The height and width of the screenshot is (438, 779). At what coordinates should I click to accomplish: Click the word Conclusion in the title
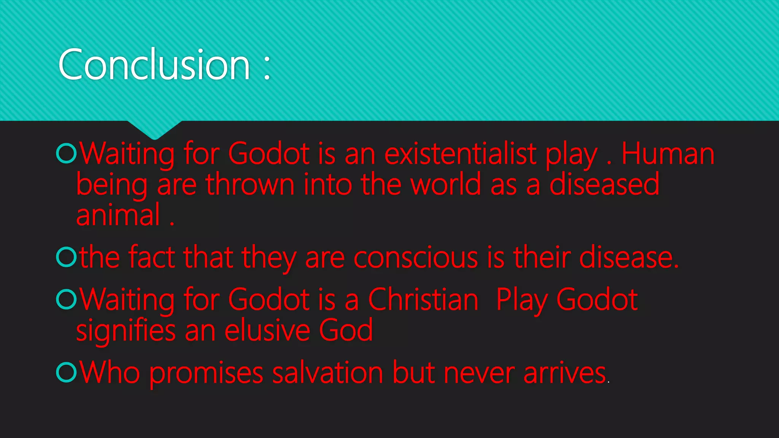tap(154, 65)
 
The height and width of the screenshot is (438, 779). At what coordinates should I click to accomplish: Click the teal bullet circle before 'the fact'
tap(67, 257)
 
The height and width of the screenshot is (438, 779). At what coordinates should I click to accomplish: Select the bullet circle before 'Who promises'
tap(67, 372)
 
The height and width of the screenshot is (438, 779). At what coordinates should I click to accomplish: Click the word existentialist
tap(461, 154)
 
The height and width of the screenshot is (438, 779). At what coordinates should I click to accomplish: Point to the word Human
tap(668, 154)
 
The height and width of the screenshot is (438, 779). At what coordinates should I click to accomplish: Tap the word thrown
tap(250, 185)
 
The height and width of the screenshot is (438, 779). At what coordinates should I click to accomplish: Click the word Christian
tap(423, 300)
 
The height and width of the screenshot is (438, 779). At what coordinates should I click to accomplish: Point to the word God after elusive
tap(345, 330)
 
